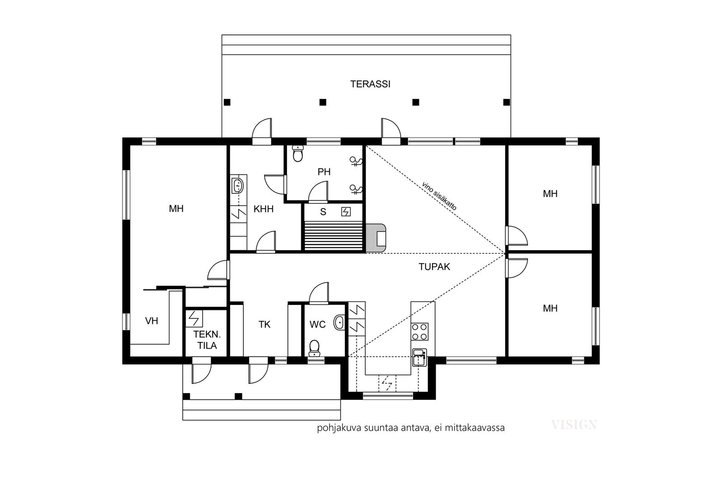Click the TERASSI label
[x=370, y=84]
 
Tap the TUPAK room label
[x=434, y=267]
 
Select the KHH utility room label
[x=263, y=209]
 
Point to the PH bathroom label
[x=324, y=172]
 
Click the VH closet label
[x=151, y=321]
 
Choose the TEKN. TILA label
[x=207, y=340]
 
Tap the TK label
[x=264, y=324]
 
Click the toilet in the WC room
[x=315, y=348]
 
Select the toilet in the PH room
[x=298, y=154]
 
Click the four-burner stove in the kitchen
[x=420, y=332]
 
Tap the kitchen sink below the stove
[x=419, y=357]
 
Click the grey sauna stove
[x=376, y=238]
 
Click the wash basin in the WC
[x=339, y=322]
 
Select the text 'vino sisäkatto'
[x=439, y=196]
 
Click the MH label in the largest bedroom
[x=176, y=209]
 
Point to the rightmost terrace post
[x=507, y=102]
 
